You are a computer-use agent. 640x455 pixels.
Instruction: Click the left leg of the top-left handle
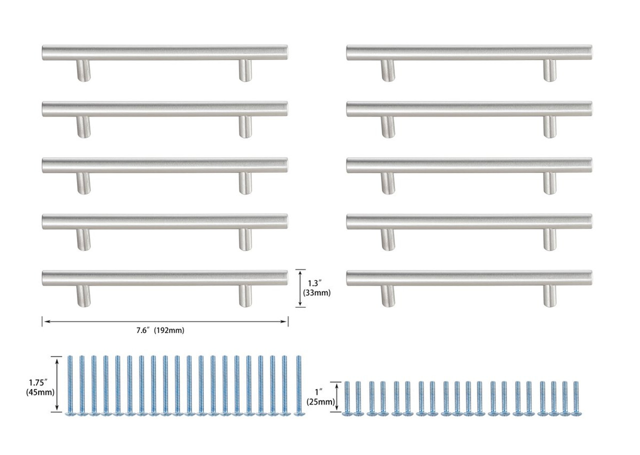pyautogui.click(x=83, y=70)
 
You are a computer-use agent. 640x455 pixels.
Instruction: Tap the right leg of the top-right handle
pyautogui.click(x=550, y=70)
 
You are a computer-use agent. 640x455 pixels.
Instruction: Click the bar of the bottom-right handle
pyautogui.click(x=469, y=278)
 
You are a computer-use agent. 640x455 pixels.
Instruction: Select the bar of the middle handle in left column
pyautogui.click(x=165, y=165)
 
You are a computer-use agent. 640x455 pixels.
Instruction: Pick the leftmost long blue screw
pyautogui.click(x=69, y=385)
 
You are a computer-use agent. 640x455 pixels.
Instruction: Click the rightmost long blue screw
pyautogui.click(x=299, y=385)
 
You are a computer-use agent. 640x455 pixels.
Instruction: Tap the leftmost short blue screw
pyautogui.click(x=346, y=398)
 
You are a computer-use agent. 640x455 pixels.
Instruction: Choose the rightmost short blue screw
pyautogui.click(x=576, y=398)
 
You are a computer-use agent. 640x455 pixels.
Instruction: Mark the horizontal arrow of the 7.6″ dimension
pyautogui.click(x=165, y=321)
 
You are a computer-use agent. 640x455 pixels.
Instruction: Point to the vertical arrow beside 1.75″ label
pyautogui.click(x=58, y=384)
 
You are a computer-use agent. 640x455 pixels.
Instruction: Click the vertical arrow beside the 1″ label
pyautogui.click(x=338, y=397)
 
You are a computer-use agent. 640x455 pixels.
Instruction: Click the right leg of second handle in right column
pyautogui.click(x=550, y=126)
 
